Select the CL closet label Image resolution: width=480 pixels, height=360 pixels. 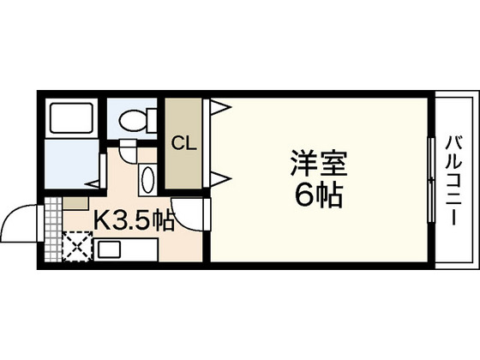pos(183,142)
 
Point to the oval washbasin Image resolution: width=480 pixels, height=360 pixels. pos(148,180)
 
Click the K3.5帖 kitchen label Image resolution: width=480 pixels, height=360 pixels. pos(133,220)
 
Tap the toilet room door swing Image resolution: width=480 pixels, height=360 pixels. pos(128,154)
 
